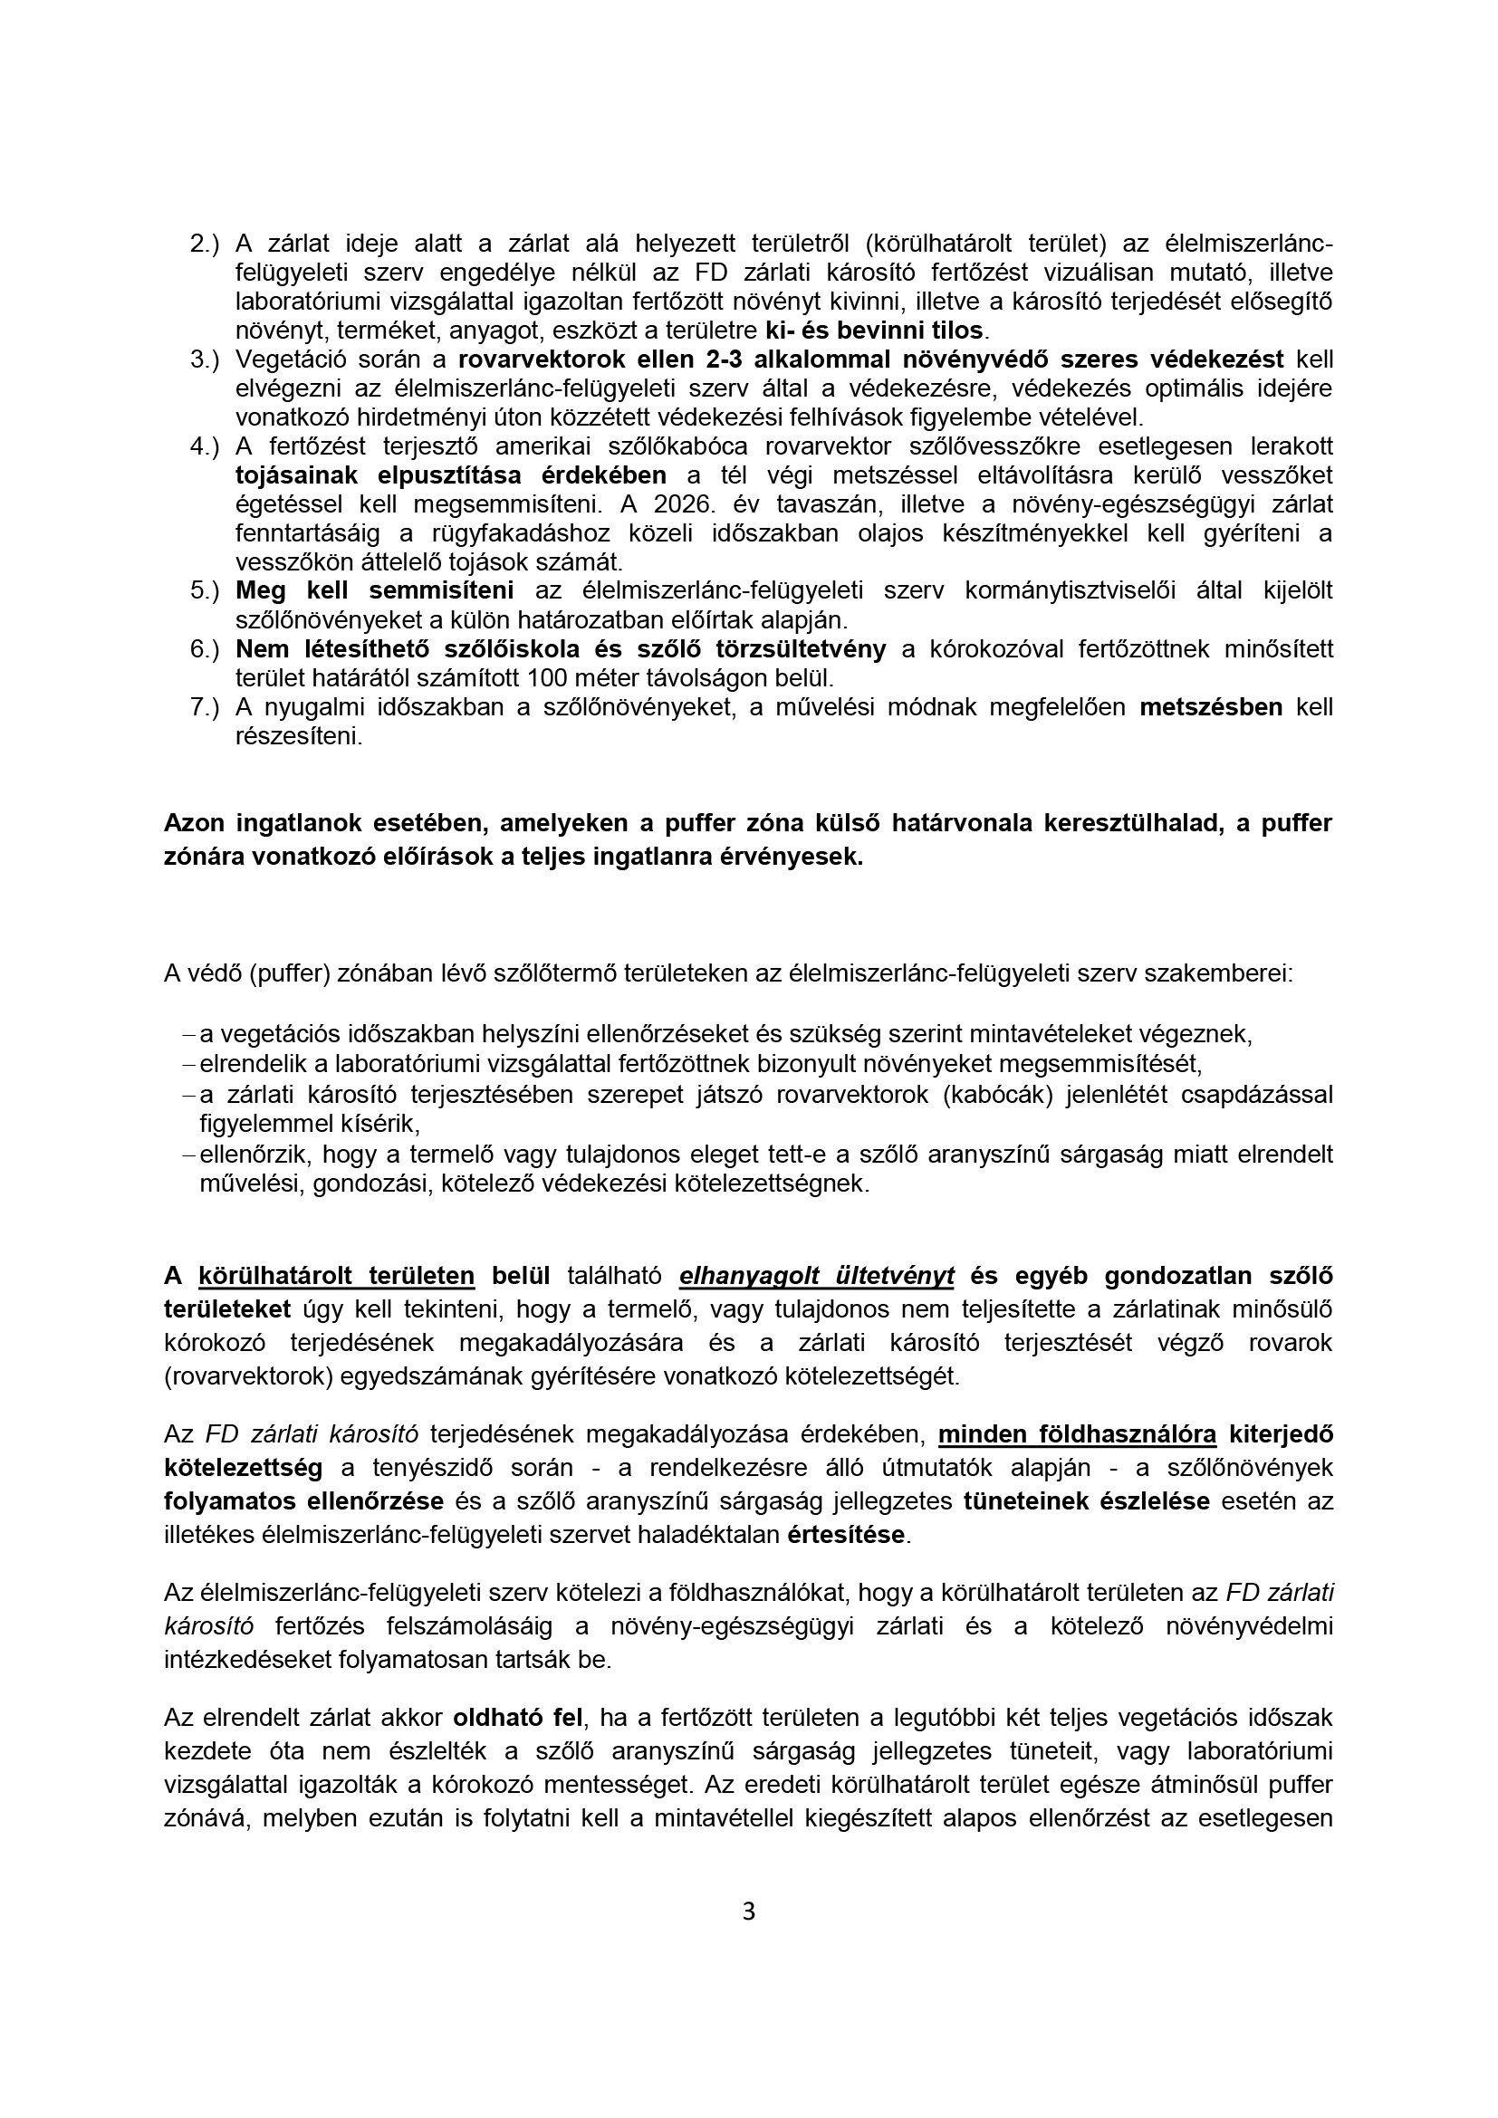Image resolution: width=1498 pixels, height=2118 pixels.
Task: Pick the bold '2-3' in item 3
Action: (x=721, y=359)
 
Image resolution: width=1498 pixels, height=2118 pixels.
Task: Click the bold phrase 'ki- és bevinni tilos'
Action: (x=876, y=331)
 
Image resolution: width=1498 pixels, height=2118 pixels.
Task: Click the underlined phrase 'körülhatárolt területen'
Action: (x=337, y=1276)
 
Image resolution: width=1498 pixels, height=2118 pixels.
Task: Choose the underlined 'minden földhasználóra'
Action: (x=1078, y=1434)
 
